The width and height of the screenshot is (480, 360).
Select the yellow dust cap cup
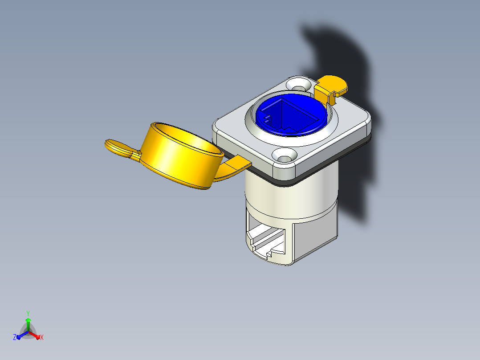coord(181,156)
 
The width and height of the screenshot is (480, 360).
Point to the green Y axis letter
coord(28,313)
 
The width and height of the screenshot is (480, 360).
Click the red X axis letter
coord(42,337)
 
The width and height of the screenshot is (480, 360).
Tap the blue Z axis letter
coord(15,337)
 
